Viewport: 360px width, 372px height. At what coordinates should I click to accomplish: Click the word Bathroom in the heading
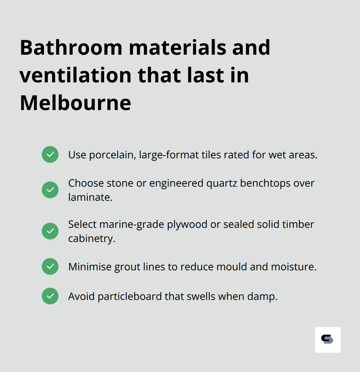click(x=71, y=48)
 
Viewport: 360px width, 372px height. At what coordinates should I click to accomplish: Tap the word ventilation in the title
click(x=76, y=75)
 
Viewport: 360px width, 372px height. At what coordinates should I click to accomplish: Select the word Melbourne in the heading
click(x=76, y=103)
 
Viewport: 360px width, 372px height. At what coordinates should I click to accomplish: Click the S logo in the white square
click(x=328, y=339)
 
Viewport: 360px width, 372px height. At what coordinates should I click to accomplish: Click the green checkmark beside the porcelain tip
click(x=50, y=154)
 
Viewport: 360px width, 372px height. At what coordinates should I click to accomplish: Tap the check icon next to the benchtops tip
click(x=50, y=190)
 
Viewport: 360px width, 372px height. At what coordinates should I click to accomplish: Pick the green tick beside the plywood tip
click(x=50, y=231)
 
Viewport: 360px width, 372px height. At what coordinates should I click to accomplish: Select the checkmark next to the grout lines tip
click(x=50, y=266)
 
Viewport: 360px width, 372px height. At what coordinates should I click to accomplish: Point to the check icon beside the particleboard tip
click(x=50, y=296)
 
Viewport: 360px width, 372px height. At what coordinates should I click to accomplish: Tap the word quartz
click(x=221, y=183)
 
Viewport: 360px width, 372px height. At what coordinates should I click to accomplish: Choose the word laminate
click(x=90, y=197)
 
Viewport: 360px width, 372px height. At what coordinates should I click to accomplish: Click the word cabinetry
click(x=91, y=238)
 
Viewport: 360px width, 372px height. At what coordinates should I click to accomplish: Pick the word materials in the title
click(x=177, y=48)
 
